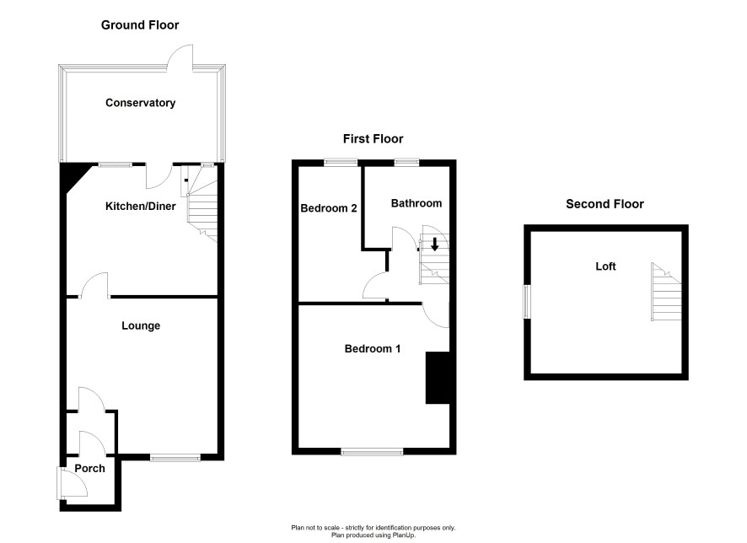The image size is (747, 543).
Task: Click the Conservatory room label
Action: (x=141, y=103)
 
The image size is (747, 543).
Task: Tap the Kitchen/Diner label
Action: (x=141, y=207)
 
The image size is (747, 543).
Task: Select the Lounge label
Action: (x=141, y=325)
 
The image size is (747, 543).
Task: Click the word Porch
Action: (x=89, y=468)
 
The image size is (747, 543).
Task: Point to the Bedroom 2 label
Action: (x=329, y=208)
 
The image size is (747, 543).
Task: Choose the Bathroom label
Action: (x=416, y=203)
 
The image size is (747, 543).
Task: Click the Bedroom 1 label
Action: (x=373, y=349)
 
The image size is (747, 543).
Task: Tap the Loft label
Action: (x=605, y=266)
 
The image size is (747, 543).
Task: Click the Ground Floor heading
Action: (x=140, y=25)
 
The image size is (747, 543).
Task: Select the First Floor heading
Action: (x=373, y=139)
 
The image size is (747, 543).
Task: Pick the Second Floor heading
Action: (x=605, y=204)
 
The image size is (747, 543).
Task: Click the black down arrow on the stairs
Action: (x=434, y=245)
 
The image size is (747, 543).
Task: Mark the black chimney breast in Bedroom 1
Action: (x=438, y=379)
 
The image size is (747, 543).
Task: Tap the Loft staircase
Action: (x=667, y=292)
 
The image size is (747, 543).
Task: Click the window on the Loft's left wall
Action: (x=527, y=302)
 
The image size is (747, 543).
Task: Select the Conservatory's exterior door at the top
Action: (x=180, y=58)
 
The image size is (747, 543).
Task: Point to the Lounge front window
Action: (x=175, y=458)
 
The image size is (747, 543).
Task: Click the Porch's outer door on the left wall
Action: (x=72, y=483)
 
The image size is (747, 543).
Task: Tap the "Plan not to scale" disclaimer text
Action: (x=373, y=528)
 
